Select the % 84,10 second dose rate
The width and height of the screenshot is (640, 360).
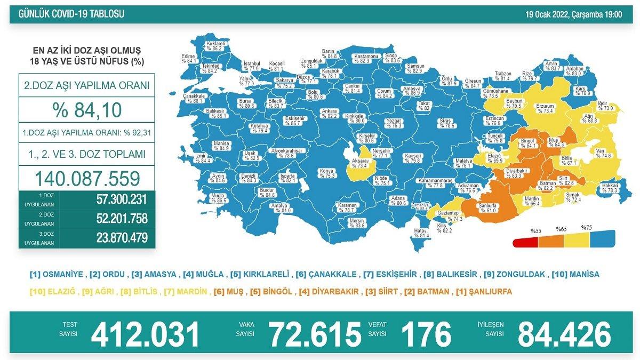coord(87,110)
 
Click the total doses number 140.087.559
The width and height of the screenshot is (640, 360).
coord(87,178)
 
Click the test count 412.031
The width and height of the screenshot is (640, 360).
coord(146,334)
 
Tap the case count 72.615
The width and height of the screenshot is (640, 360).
coord(315,334)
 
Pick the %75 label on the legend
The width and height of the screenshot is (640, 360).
coord(587,228)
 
